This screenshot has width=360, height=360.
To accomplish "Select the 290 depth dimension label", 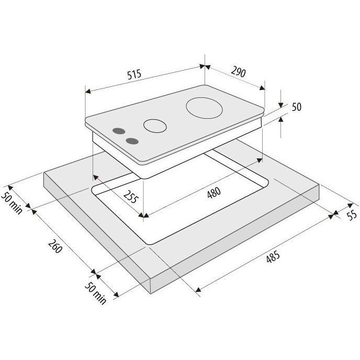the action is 238,71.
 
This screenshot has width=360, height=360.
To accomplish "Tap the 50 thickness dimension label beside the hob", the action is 296,107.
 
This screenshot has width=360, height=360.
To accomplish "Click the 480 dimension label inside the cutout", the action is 214,193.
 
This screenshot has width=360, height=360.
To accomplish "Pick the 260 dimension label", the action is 55,246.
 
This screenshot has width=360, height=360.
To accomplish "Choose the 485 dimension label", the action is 273,256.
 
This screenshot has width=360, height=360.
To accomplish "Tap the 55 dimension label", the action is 352,215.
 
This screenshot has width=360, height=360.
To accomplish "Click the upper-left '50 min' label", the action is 12,203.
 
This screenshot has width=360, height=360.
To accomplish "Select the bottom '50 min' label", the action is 96,293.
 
